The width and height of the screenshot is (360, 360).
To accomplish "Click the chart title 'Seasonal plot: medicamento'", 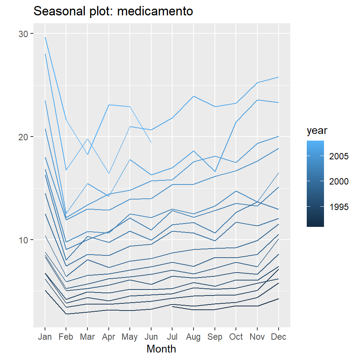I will pyautogui.click(x=113, y=12).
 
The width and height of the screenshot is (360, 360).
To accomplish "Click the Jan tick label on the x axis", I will pyautogui.click(x=45, y=337).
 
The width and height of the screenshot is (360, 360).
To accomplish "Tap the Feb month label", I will pyautogui.click(x=66, y=337).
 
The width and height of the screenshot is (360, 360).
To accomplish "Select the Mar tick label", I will pyautogui.click(x=87, y=337).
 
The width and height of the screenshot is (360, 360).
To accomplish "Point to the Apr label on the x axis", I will pyautogui.click(x=109, y=337).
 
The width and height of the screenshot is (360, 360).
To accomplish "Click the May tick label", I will pyautogui.click(x=130, y=337).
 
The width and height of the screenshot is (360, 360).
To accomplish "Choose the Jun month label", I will pyautogui.click(x=151, y=337).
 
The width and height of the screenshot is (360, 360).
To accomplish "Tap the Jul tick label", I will pyautogui.click(x=172, y=337).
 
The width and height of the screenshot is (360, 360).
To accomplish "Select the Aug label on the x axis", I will pyautogui.click(x=193, y=337).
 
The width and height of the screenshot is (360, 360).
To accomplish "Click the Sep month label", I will pyautogui.click(x=215, y=337).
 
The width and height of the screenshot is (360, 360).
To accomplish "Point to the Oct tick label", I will pyautogui.click(x=236, y=337).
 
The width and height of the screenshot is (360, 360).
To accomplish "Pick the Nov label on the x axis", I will pyautogui.click(x=257, y=337).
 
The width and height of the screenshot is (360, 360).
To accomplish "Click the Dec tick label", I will pyautogui.click(x=279, y=337).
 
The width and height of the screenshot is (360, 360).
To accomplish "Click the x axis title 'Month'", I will pyautogui.click(x=161, y=349).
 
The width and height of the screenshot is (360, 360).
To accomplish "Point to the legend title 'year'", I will pyautogui.click(x=317, y=131).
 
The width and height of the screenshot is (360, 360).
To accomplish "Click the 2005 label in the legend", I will pyautogui.click(x=339, y=156).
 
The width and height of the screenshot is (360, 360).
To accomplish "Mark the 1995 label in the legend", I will pyautogui.click(x=339, y=207).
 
